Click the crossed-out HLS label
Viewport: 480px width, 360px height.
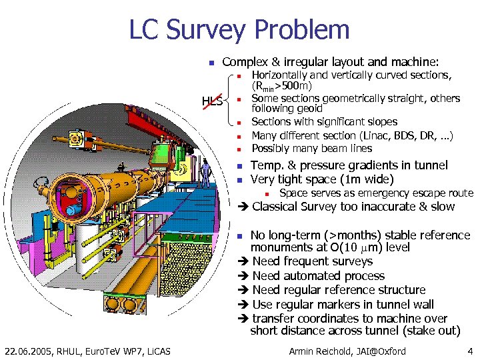tap(213, 101)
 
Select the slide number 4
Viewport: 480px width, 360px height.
tap(470, 351)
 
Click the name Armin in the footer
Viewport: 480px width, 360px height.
tap(303, 351)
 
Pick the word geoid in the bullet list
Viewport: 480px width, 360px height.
tap(307, 108)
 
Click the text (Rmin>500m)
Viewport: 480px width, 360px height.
tap(282, 86)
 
